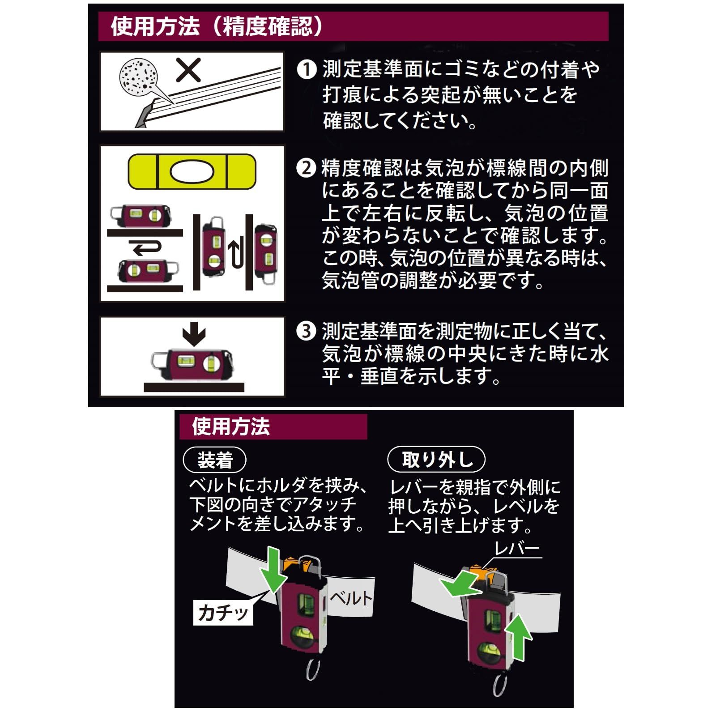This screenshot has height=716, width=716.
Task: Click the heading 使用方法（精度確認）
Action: (x=217, y=26)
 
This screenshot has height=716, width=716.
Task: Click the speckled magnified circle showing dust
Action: (x=139, y=77)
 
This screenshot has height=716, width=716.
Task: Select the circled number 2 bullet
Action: (x=306, y=168)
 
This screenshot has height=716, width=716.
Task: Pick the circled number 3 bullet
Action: (x=307, y=332)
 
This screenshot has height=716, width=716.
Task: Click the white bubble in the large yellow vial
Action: (x=192, y=172)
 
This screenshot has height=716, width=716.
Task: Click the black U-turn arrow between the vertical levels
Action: (x=236, y=254)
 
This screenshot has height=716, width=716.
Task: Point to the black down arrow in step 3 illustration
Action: (x=194, y=334)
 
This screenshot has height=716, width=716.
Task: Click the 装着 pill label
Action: (x=215, y=460)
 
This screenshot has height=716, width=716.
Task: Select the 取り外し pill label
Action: (x=436, y=459)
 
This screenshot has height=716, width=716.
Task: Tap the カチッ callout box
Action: (x=223, y=612)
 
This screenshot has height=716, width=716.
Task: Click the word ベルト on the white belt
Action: (x=351, y=598)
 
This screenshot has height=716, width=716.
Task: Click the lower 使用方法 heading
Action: (x=231, y=426)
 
